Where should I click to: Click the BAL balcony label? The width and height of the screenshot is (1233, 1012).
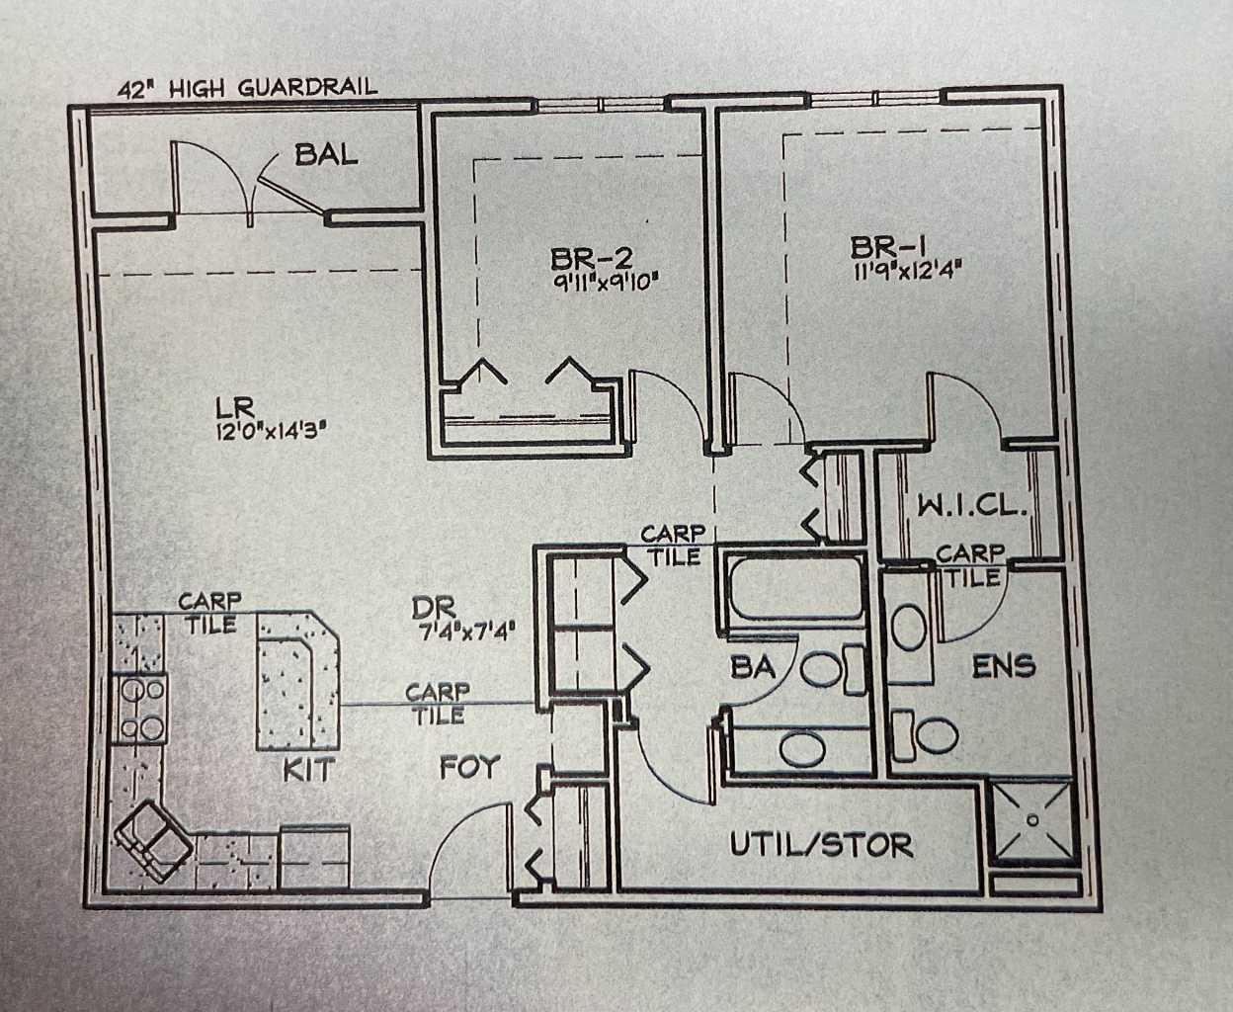pyautogui.click(x=326, y=154)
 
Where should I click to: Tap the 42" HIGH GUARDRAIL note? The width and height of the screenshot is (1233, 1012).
pyautogui.click(x=247, y=88)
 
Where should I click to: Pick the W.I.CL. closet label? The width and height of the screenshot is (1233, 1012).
pyautogui.click(x=973, y=506)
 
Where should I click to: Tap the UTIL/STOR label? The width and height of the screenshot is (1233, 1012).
pyautogui.click(x=821, y=845)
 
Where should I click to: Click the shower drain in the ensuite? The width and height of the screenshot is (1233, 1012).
pyautogui.click(x=1031, y=819)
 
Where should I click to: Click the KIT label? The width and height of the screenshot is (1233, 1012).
pyautogui.click(x=308, y=769)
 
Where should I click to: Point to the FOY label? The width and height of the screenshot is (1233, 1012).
pyautogui.click(x=469, y=767)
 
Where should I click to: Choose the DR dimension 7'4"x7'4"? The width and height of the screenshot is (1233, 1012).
pyautogui.click(x=463, y=629)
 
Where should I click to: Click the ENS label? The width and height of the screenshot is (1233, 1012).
pyautogui.click(x=1004, y=666)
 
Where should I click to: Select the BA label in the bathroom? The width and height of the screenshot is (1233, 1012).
pyautogui.click(x=753, y=667)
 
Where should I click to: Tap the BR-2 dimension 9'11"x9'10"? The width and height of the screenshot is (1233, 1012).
pyautogui.click(x=605, y=281)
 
